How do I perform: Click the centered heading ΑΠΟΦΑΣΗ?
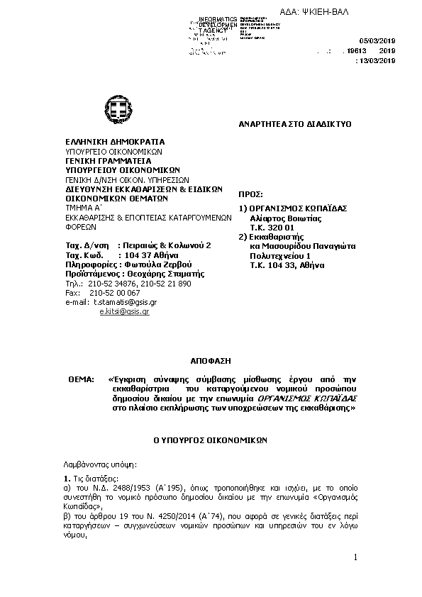[211, 360]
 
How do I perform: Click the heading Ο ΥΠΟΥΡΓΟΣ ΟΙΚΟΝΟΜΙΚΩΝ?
[211, 440]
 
